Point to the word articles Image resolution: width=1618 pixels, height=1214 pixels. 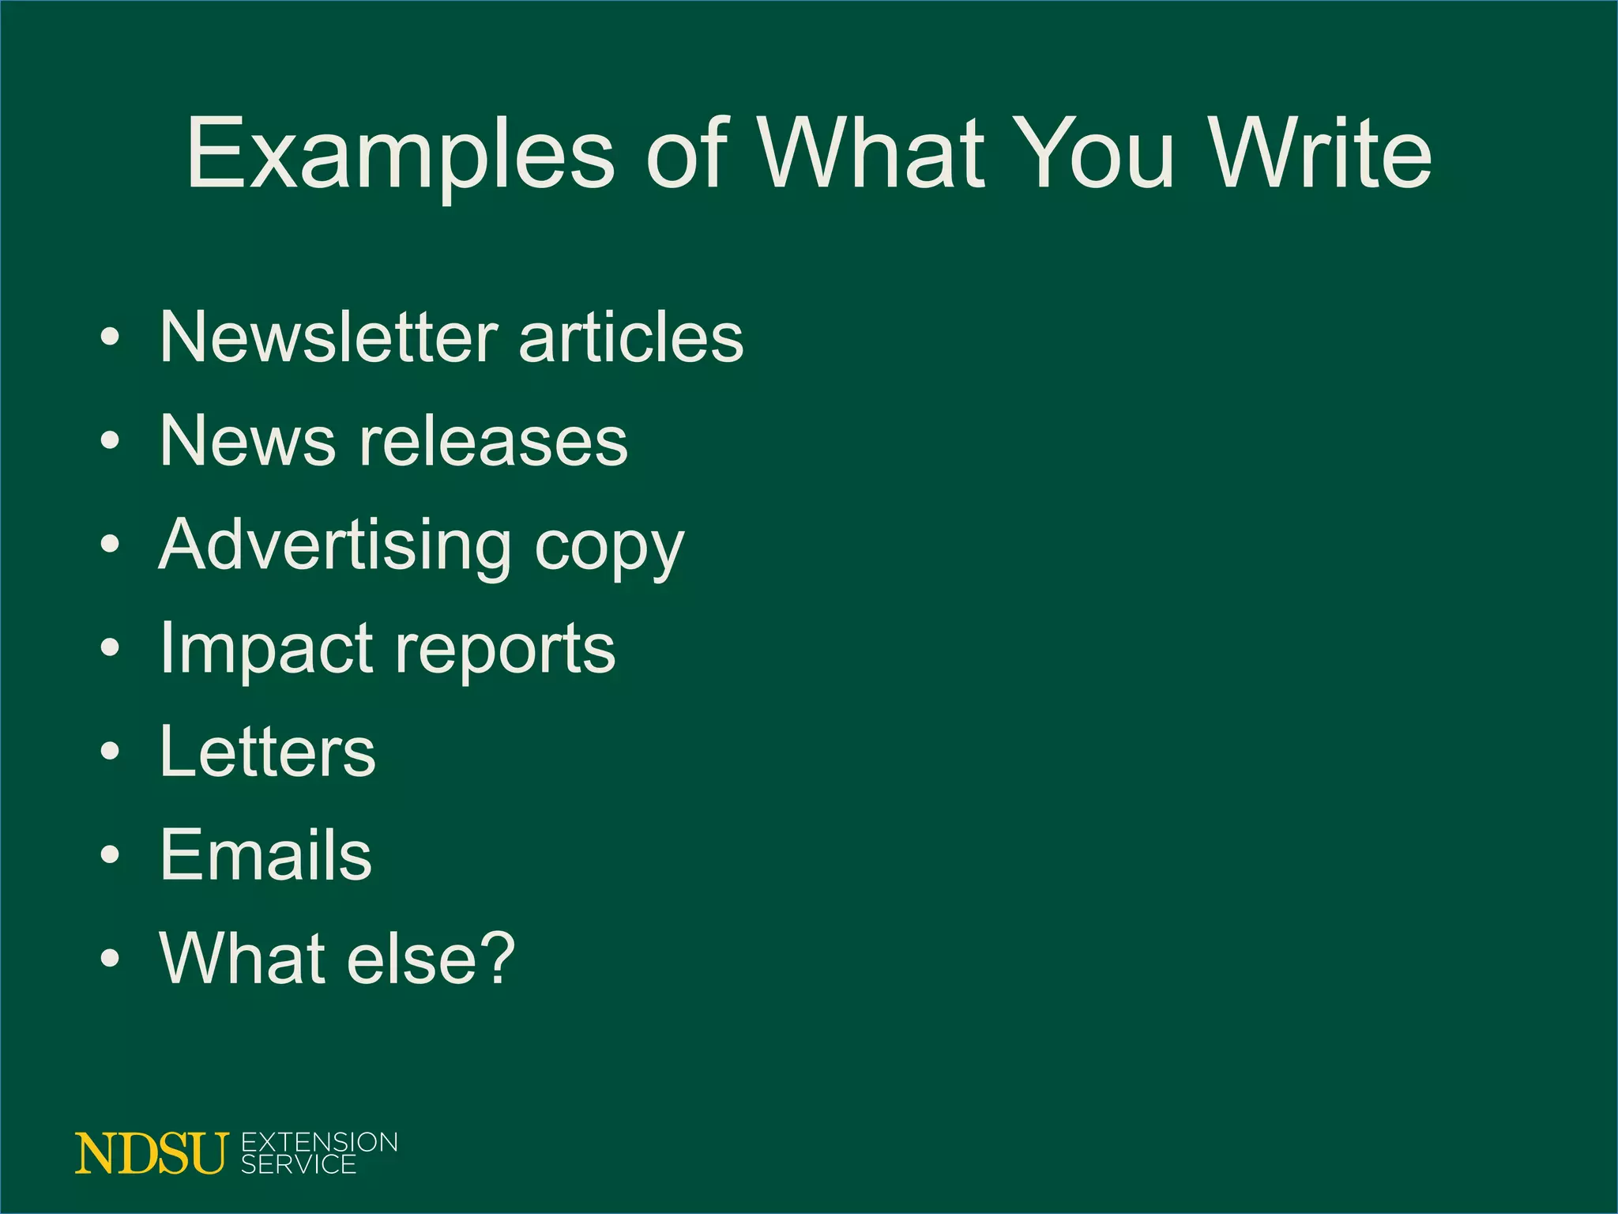(631, 337)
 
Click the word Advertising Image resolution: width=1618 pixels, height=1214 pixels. (335, 545)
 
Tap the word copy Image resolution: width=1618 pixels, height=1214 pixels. (609, 549)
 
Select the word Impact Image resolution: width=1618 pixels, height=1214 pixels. (267, 648)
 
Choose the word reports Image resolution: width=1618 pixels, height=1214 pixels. (505, 652)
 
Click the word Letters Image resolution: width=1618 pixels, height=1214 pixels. (268, 752)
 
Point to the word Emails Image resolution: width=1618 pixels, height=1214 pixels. (265, 855)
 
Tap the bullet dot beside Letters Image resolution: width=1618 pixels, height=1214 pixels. (111, 752)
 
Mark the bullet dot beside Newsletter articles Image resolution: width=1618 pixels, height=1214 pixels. (111, 337)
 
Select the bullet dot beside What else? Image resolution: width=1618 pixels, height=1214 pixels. (111, 959)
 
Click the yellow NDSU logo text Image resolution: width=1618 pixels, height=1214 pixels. (151, 1154)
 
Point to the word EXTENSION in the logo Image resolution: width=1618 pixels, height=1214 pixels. (319, 1143)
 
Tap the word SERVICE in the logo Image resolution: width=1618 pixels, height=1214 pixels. (299, 1164)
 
